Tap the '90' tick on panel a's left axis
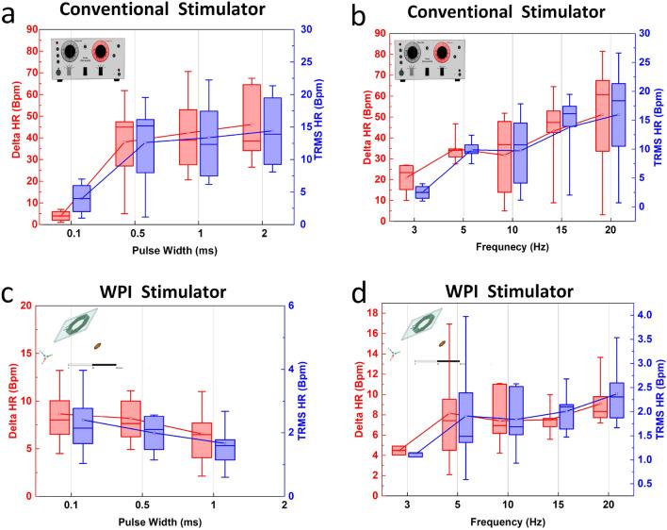click(32, 29)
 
